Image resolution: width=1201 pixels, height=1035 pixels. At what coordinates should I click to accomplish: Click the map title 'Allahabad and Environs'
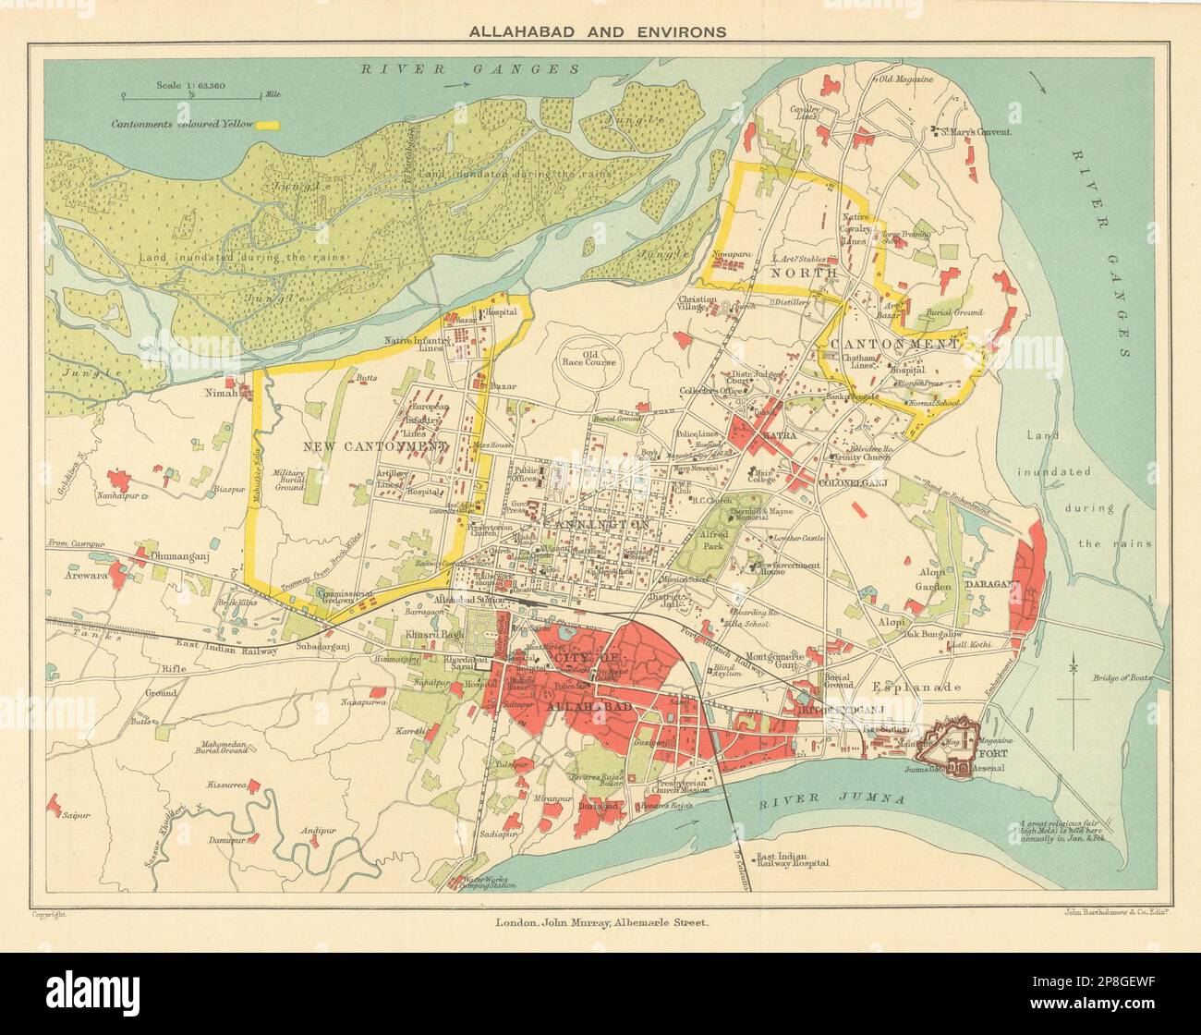coord(598,30)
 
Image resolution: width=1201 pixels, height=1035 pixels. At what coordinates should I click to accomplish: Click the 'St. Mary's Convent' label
coord(977,132)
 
